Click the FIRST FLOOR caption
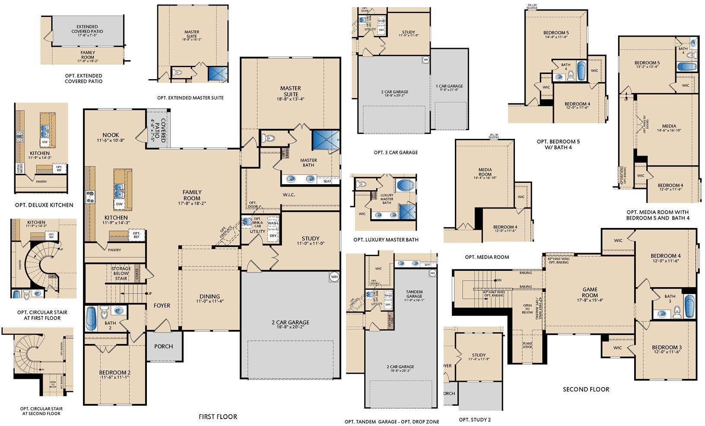218,417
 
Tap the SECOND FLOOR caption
586,389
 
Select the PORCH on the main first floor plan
163,346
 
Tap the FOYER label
162,305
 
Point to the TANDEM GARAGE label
414,294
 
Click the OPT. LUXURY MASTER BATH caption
385,240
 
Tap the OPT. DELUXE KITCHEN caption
44,205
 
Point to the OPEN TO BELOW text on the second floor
527,308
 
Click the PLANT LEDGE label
527,345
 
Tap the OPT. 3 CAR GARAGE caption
396,152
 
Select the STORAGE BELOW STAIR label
121,273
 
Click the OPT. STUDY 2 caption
475,420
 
